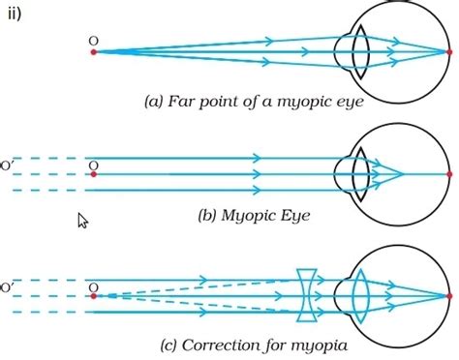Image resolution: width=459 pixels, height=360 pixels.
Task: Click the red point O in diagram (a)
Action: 93,51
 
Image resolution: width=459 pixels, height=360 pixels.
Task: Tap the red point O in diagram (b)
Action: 93,175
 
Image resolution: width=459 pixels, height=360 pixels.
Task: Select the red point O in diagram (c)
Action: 93,297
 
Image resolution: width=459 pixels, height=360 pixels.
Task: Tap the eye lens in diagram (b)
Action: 359,175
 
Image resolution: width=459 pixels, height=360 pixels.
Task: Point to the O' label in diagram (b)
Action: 8,165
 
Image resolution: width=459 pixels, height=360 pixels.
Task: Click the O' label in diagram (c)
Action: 8,286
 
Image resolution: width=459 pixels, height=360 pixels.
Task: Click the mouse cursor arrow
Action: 82,221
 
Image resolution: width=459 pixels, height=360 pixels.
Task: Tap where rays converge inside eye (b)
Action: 403,175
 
